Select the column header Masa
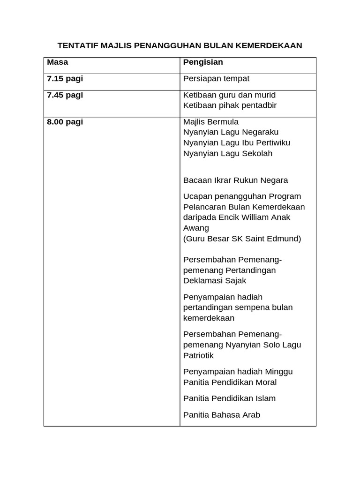click(57, 62)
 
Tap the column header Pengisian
click(203, 62)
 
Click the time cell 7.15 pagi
click(65, 78)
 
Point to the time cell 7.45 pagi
click(65, 95)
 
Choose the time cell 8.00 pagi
click(65, 121)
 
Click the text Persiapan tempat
click(216, 78)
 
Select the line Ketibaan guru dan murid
click(229, 95)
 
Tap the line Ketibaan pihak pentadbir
click(230, 105)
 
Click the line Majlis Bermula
click(210, 121)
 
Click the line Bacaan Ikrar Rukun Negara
click(235, 180)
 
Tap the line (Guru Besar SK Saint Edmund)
click(242, 239)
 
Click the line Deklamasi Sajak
click(214, 281)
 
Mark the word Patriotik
click(198, 355)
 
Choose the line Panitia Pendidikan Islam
click(229, 398)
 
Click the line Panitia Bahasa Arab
click(221, 415)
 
